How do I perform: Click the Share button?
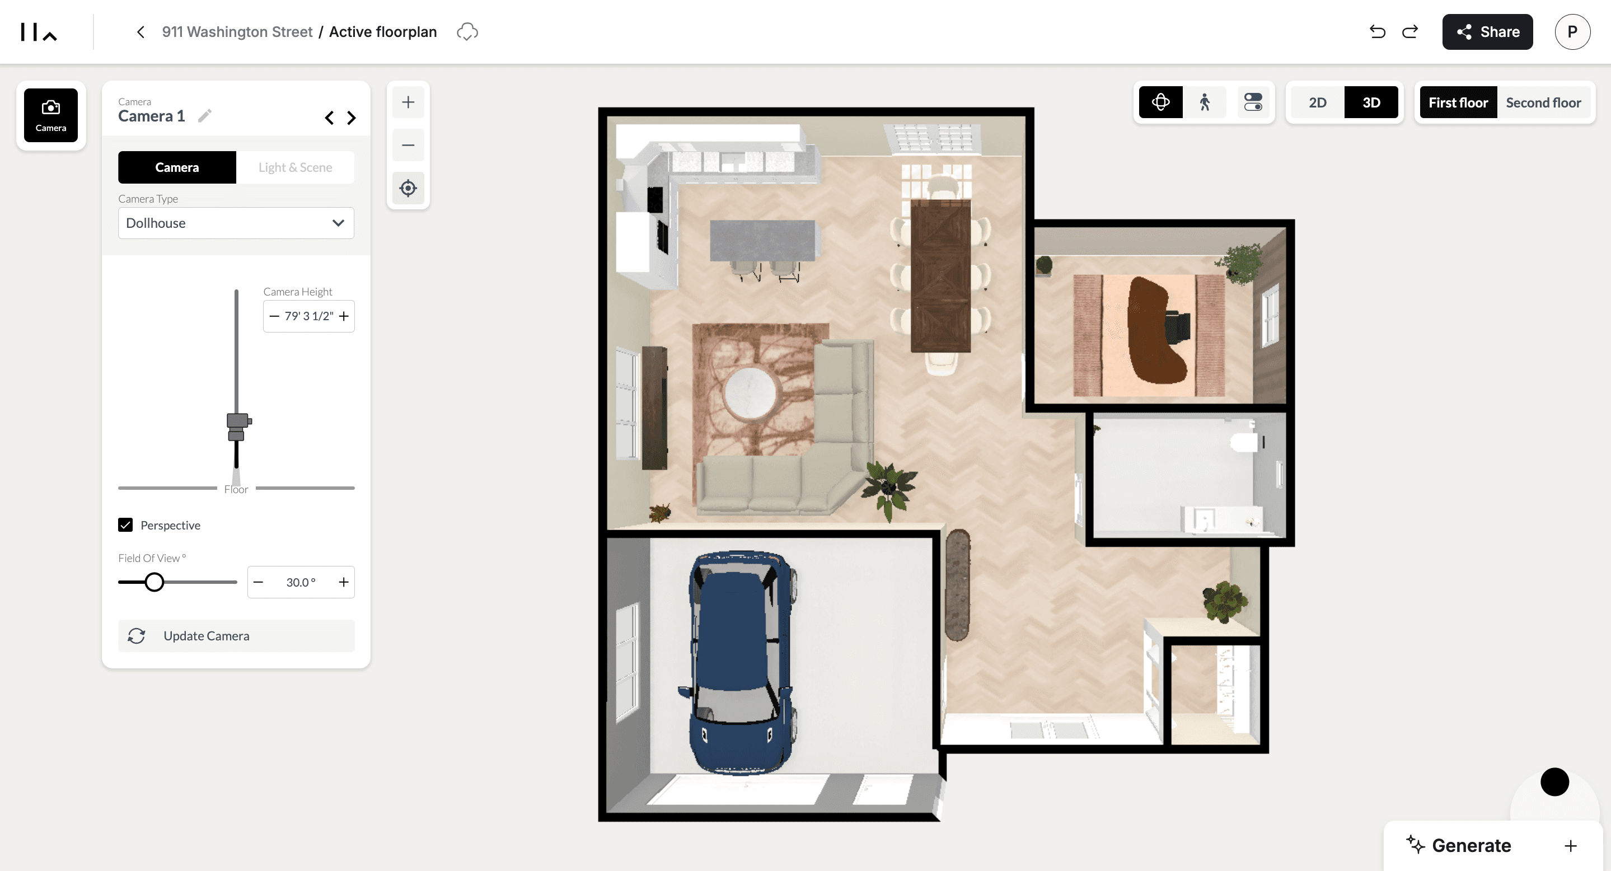pos(1487,32)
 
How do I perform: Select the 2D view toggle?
pos(1317,102)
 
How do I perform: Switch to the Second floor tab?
pos(1543,102)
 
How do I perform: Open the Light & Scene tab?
pos(295,167)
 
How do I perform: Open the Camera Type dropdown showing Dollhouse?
pos(236,223)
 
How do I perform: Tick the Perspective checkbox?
pos(125,525)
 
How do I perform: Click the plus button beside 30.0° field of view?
pos(343,582)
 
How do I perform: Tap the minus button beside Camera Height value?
pos(274,316)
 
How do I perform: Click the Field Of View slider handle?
pos(154,582)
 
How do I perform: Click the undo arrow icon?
pos(1377,32)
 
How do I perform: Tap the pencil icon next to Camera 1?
pos(204,116)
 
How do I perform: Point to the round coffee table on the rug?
pos(750,394)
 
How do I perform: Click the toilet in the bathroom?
pos(1244,442)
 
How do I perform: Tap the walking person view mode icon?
pos(1205,102)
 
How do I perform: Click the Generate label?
pos(1471,846)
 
